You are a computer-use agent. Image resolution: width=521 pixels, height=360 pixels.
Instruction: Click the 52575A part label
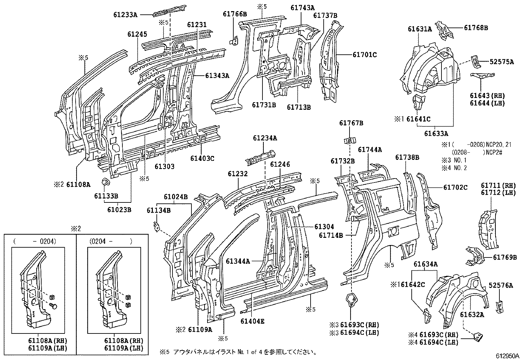coord(502,61)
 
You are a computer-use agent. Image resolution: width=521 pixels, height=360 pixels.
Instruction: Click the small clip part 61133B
coord(105,182)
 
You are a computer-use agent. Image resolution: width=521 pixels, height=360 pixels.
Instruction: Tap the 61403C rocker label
coord(202,159)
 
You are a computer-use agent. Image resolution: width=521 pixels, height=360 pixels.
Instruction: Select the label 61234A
coord(265,139)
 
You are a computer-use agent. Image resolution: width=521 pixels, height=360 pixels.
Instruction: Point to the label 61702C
coord(456,187)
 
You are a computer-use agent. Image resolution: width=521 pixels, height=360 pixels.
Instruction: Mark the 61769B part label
coord(505,257)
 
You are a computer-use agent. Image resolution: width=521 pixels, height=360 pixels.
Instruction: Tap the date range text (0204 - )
coord(111,242)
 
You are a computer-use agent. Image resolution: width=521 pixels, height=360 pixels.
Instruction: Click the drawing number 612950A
coord(507,355)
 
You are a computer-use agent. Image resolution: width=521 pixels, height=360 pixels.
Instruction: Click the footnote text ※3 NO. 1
coord(454,160)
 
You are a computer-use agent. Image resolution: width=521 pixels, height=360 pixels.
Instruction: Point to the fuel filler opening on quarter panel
coord(392,232)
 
